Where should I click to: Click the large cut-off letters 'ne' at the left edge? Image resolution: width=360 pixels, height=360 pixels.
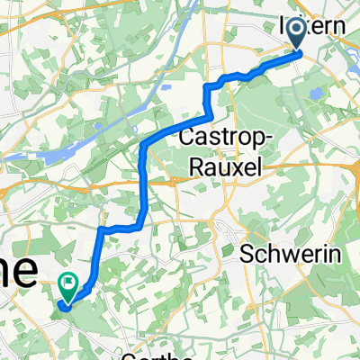[18, 266]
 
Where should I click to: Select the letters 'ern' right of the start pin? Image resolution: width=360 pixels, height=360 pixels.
[328, 27]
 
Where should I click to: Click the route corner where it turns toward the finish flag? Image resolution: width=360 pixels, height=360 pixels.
[103, 230]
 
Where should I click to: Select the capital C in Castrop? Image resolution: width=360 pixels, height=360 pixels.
[188, 139]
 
